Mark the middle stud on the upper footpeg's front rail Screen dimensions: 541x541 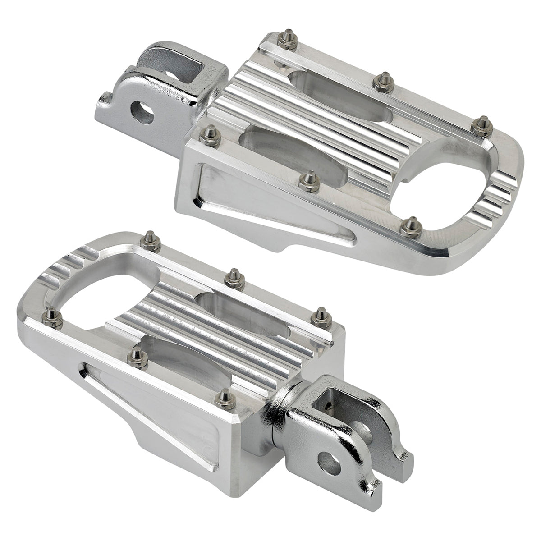pos(310,180)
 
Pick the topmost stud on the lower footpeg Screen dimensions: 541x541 pos(152,241)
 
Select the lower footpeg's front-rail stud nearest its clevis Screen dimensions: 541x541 pos(226,399)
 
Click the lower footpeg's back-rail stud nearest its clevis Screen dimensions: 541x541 pos(321,317)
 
